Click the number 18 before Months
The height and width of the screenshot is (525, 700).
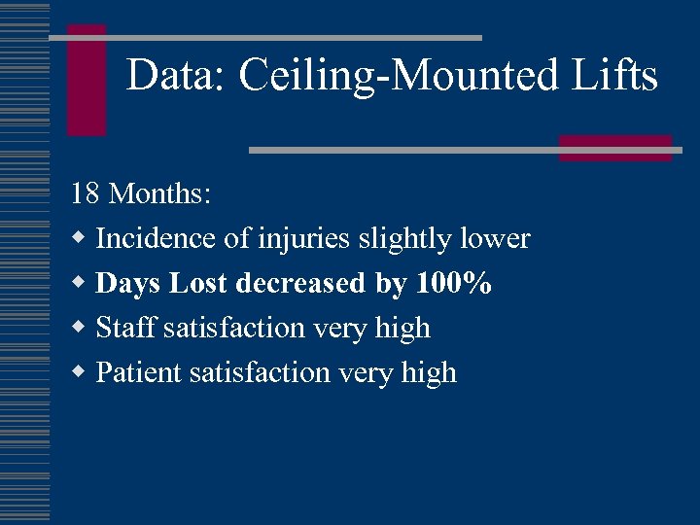point(86,193)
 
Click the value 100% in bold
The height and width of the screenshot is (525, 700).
point(454,284)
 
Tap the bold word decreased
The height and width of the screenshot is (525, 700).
point(297,284)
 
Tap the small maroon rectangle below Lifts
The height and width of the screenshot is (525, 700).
point(614,147)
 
